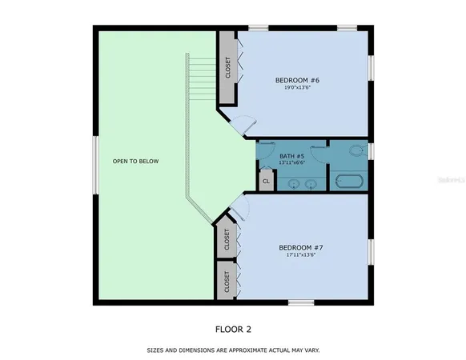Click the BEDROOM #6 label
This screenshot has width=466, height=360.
coord(299,79)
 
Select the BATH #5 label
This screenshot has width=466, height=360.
coord(291,156)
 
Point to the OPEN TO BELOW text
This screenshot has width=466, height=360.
coord(135,162)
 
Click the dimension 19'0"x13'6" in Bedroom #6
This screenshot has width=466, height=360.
coord(299,88)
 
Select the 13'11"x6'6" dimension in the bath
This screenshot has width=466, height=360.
coord(291,163)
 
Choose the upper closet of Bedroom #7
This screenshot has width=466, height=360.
coord(227,238)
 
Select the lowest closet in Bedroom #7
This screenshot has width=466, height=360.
coord(227,281)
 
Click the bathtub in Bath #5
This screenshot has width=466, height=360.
coord(347,182)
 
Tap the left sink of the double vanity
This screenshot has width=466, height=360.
coord(294,184)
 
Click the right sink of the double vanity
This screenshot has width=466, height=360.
coord(311,184)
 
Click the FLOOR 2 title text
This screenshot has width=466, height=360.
coord(234,328)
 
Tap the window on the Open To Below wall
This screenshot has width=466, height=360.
coord(94,164)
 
